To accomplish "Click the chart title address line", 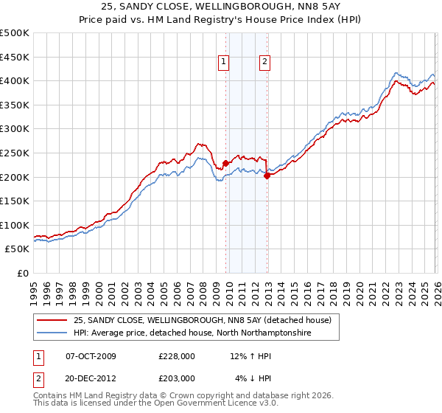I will [x=221, y=7].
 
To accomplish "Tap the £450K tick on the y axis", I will [x=15, y=57].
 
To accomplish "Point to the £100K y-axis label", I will [x=15, y=225].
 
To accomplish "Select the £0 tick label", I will [x=24, y=273].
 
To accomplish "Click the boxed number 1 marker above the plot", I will [x=223, y=63].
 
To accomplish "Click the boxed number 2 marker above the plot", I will [x=264, y=63].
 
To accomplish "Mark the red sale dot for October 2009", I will [x=225, y=164].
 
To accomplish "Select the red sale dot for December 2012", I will [x=267, y=176].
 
